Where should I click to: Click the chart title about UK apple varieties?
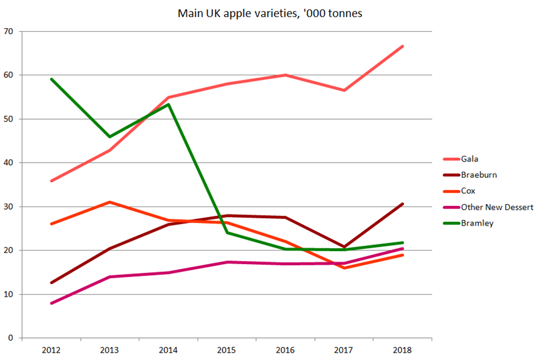pyautogui.click(x=270, y=13)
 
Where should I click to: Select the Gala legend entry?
pyautogui.click(x=469, y=159)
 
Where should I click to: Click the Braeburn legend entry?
pyautogui.click(x=479, y=175)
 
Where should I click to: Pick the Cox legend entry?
pyautogui.click(x=468, y=191)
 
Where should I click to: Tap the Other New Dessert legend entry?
pyautogui.click(x=497, y=207)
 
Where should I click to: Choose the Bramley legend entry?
pyautogui.click(x=477, y=223)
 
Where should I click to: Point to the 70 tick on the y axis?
pyautogui.click(x=9, y=31)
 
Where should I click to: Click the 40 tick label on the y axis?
pyautogui.click(x=9, y=163)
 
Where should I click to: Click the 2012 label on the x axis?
pyautogui.click(x=51, y=350)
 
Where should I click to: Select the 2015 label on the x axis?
pyautogui.click(x=227, y=350)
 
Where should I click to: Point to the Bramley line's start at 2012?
pyautogui.click(x=51, y=79)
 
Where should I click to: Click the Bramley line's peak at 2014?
pyautogui.click(x=168, y=104)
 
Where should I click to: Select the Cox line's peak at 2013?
pyautogui.click(x=109, y=202)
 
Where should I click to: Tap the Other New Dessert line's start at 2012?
pyautogui.click(x=51, y=303)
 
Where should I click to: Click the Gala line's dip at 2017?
pyautogui.click(x=344, y=90)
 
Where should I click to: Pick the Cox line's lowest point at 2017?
pyautogui.click(x=344, y=268)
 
